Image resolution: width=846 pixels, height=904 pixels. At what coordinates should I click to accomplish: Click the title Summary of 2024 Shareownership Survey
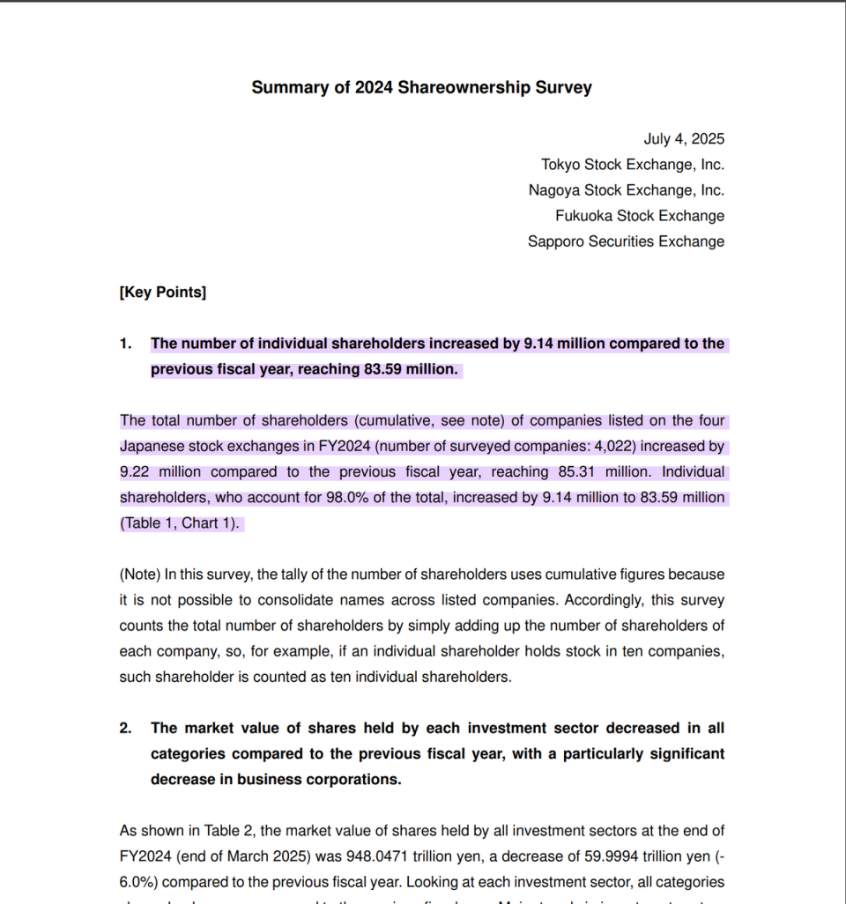point(421,87)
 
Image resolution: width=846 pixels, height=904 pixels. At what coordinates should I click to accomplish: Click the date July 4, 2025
point(684,139)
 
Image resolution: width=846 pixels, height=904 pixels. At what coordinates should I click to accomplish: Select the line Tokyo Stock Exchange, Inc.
point(632,165)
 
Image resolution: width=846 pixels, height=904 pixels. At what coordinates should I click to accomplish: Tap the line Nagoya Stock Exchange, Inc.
point(626,190)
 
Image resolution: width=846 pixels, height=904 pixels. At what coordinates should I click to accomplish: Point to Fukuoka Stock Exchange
point(639,216)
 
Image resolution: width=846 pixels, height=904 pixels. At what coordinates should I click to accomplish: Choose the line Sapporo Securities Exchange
point(626,241)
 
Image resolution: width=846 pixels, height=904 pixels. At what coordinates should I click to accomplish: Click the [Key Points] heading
point(162,293)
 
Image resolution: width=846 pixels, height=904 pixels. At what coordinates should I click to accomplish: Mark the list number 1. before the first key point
point(126,344)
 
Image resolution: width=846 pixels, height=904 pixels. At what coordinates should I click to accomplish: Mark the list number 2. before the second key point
point(126,728)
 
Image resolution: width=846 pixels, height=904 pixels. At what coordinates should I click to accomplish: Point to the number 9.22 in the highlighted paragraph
point(134,472)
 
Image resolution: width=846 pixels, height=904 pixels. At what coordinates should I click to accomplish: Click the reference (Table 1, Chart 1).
point(180,523)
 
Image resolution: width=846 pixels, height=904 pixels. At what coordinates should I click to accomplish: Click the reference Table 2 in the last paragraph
point(229,830)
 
